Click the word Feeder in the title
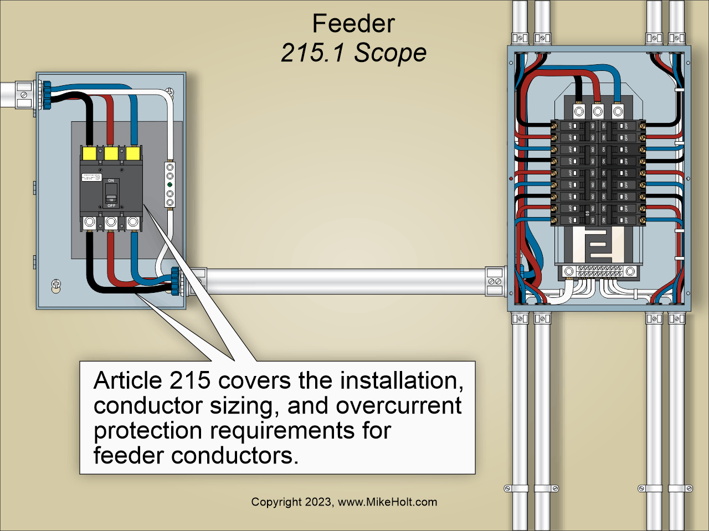(353, 24)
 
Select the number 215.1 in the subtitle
(314, 53)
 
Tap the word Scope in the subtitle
(390, 53)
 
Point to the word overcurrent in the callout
(398, 406)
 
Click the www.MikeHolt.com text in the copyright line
(387, 502)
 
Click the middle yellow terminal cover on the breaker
(111, 153)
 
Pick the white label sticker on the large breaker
(91, 177)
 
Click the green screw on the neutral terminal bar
(170, 185)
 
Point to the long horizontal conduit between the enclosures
(343, 281)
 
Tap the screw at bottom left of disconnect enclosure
(56, 285)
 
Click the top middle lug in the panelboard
(598, 112)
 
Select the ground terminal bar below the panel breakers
(599, 271)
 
